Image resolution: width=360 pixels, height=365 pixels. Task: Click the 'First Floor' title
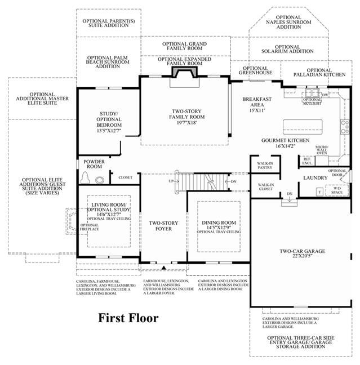click(129, 318)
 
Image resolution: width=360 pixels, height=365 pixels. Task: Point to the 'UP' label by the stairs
click(171, 181)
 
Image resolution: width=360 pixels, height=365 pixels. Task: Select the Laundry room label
click(315, 177)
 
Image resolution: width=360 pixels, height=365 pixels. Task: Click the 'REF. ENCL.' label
click(306, 161)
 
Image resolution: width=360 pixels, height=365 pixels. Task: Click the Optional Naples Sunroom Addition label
click(284, 23)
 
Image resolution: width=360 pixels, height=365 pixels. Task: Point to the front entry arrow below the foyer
click(163, 267)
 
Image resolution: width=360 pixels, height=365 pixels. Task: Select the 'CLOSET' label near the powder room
click(125, 177)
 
